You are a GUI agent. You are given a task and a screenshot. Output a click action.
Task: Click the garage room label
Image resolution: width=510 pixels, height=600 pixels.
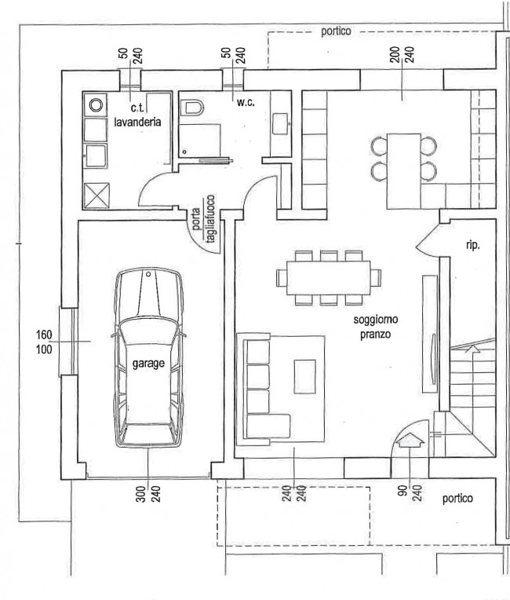click(x=148, y=364)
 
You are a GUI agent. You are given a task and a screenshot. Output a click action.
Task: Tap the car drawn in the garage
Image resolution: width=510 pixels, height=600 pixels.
click(x=149, y=358)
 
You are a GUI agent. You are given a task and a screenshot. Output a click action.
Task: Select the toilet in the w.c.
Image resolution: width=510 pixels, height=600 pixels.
click(x=192, y=108)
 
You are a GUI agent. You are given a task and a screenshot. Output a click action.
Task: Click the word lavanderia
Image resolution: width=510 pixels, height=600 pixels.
click(x=137, y=122)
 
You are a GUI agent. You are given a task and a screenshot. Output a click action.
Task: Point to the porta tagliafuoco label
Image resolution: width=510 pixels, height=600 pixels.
click(x=203, y=219)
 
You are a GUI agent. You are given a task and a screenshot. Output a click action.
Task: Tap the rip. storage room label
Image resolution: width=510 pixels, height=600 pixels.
click(x=472, y=245)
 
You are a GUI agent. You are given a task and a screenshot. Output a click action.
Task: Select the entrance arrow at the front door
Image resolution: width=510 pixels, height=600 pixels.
click(x=410, y=440)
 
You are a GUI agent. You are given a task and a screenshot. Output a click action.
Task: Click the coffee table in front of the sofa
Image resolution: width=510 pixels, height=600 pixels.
click(x=304, y=376)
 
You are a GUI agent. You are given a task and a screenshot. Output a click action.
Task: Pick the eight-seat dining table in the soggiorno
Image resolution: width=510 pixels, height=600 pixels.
click(x=329, y=278)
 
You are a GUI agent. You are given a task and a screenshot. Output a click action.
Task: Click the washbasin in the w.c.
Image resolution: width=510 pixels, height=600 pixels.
click(x=280, y=123)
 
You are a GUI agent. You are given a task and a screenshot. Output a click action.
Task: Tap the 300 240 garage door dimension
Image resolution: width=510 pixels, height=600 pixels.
click(x=148, y=494)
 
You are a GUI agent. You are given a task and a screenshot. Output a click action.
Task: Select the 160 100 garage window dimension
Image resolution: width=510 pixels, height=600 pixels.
click(x=44, y=342)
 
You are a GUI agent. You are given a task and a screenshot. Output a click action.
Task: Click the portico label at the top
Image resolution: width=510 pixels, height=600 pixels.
click(x=336, y=31)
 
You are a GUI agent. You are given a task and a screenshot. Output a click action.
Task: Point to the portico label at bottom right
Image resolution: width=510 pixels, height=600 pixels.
click(x=457, y=499)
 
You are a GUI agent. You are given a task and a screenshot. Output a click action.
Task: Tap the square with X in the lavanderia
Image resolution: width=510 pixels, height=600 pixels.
click(x=97, y=195)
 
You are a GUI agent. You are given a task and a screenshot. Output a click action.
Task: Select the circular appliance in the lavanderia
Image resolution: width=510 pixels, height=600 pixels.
click(x=95, y=104)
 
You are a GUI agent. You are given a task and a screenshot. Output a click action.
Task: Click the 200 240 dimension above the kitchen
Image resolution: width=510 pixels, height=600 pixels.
click(x=402, y=54)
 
